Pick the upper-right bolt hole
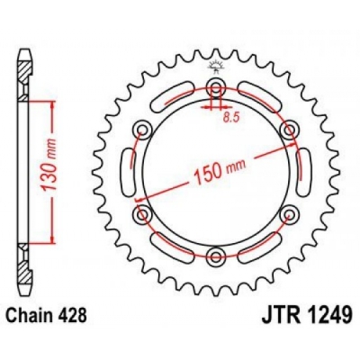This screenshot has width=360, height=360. (288, 130)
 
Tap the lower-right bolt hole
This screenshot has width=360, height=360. (288, 215)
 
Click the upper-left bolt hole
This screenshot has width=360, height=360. (141, 130)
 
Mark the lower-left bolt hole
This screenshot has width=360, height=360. (141, 215)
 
